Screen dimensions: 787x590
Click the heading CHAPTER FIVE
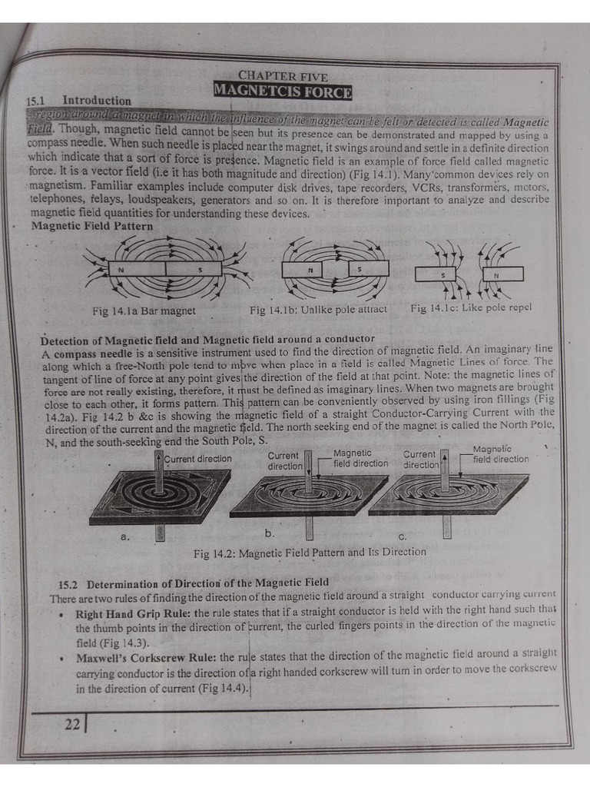tap(282, 76)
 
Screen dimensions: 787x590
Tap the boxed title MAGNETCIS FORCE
tap(282, 92)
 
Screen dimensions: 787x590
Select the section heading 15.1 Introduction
tap(79, 101)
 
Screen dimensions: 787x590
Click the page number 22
tap(72, 724)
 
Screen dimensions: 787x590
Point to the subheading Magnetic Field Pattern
tap(91, 226)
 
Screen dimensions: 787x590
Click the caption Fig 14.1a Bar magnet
tap(144, 310)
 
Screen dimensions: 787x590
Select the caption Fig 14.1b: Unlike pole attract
tap(318, 310)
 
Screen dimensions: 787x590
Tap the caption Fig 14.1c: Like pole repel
tap(470, 308)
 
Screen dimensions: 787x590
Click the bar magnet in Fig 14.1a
tap(164, 270)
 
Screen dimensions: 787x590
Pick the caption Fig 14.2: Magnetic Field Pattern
tap(310, 552)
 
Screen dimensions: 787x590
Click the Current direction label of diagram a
tap(197, 459)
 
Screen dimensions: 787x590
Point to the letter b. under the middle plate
tap(270, 532)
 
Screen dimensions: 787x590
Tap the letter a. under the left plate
tap(125, 536)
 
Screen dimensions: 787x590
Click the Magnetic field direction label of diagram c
tap(500, 454)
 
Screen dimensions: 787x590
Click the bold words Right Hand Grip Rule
tap(133, 614)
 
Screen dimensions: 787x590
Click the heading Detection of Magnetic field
tap(207, 339)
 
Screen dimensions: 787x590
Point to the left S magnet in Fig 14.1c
tap(436, 274)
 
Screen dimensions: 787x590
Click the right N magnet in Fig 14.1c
tap(502, 274)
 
